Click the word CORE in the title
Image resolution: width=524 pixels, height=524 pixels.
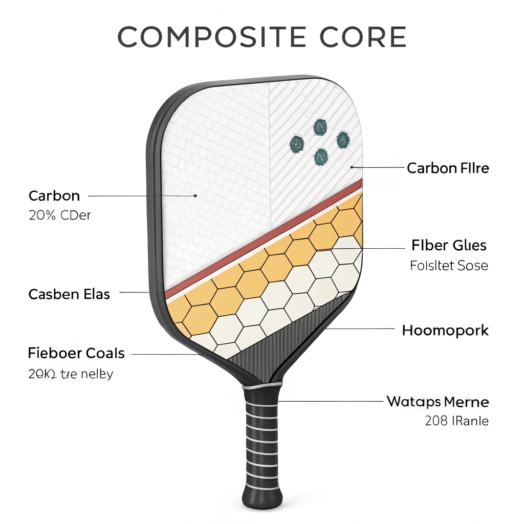pyautogui.click(x=364, y=37)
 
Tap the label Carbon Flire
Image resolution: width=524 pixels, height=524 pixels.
pyautogui.click(x=448, y=168)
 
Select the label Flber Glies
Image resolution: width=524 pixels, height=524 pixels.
pyautogui.click(x=449, y=245)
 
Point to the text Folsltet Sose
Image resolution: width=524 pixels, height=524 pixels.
pyautogui.click(x=449, y=266)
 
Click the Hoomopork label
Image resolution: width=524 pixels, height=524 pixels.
pyautogui.click(x=445, y=330)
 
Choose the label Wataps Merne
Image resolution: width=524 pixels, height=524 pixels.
pyautogui.click(x=438, y=401)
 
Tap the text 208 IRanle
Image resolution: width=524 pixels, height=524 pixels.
pyautogui.click(x=456, y=421)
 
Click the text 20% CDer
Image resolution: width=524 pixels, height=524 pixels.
pyautogui.click(x=60, y=215)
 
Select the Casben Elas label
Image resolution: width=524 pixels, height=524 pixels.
pyautogui.click(x=69, y=294)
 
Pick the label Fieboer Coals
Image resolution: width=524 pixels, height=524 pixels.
pyautogui.click(x=76, y=353)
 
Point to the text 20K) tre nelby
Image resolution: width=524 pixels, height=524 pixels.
pyautogui.click(x=71, y=374)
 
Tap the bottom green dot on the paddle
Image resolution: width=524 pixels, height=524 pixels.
pyautogui.click(x=321, y=157)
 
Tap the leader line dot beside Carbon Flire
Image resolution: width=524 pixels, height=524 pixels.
pyautogui.click(x=352, y=167)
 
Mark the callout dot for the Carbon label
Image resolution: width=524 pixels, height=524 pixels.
pyautogui.click(x=195, y=195)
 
